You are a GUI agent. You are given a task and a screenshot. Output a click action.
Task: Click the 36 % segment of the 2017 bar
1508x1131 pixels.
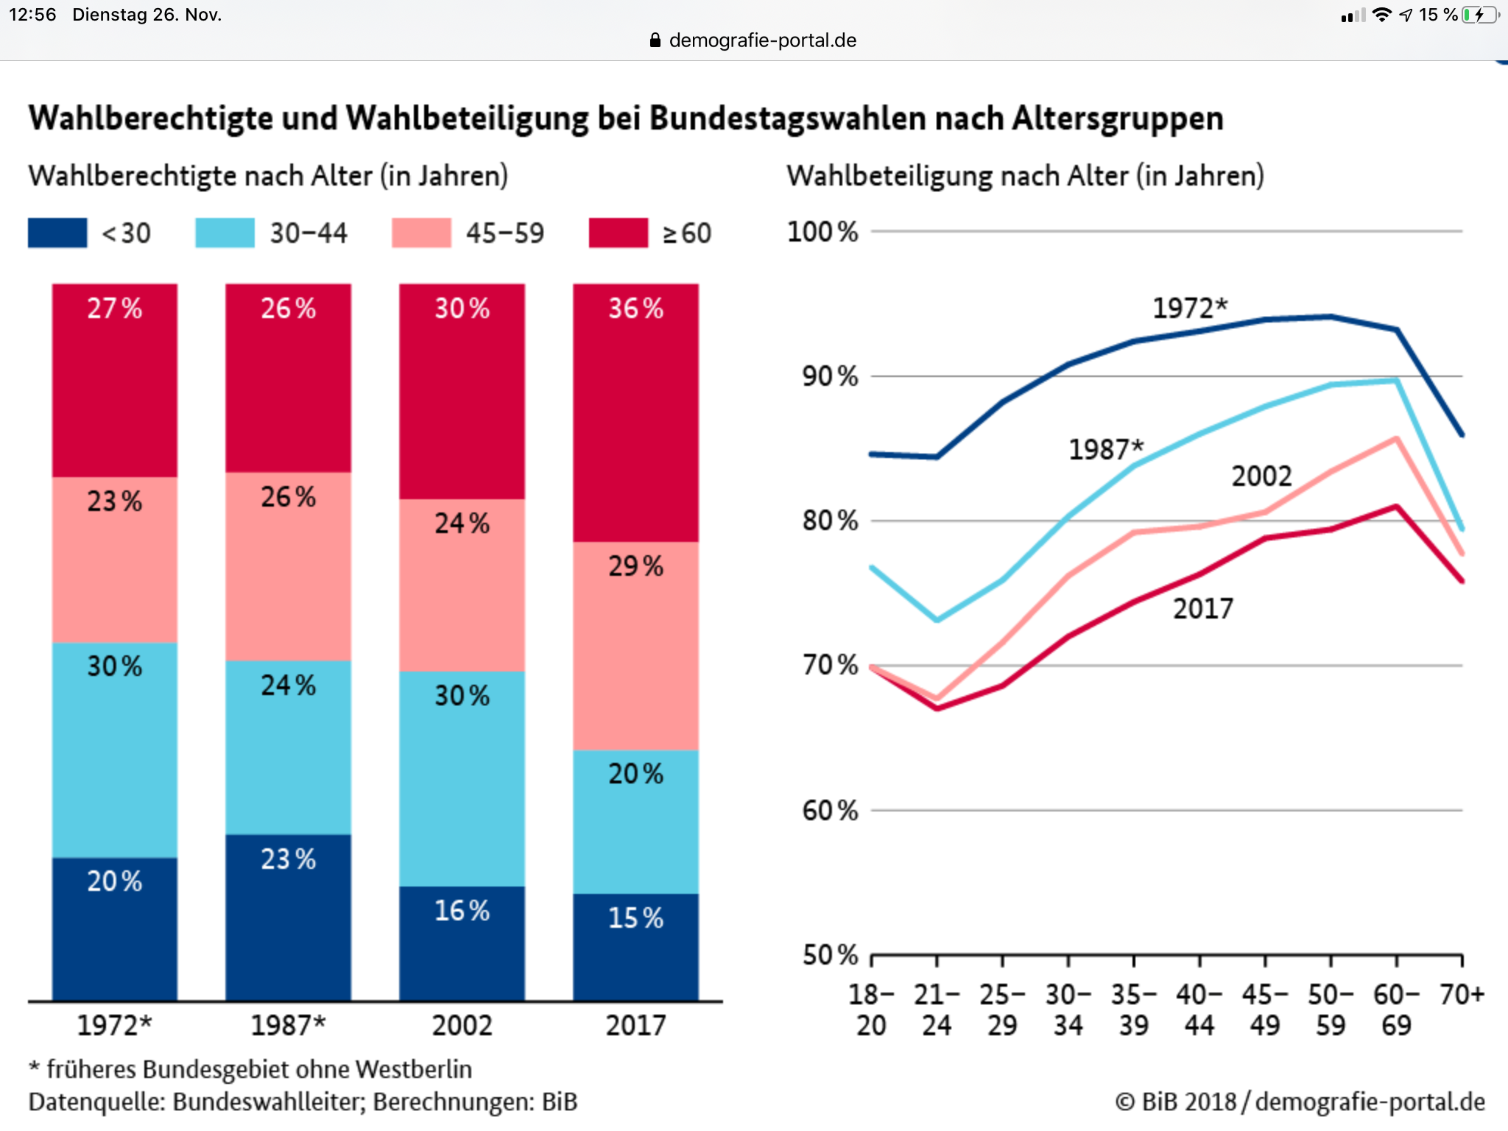coord(635,412)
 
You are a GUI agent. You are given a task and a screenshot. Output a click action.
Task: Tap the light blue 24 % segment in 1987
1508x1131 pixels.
coord(288,747)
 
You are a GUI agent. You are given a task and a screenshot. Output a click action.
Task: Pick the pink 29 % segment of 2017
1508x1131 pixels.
coord(635,646)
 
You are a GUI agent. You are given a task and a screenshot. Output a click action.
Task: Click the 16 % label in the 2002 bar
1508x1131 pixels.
coord(462,911)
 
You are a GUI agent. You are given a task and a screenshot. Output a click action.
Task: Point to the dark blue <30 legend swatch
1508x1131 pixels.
coord(57,233)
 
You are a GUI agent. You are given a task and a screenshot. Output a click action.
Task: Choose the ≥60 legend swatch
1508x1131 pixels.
coord(619,233)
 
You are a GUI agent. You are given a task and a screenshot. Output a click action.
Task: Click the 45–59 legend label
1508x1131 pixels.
coord(504,233)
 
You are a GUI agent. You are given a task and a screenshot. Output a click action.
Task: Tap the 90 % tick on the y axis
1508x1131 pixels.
coord(830,376)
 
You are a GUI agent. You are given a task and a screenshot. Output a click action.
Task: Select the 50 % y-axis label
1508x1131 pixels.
coord(830,955)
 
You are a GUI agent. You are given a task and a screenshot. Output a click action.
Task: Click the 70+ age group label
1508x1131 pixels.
coord(1462,995)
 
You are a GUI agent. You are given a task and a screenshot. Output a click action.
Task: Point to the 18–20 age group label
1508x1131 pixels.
coord(871,1010)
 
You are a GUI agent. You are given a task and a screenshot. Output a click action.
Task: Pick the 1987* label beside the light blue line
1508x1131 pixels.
coord(1106,449)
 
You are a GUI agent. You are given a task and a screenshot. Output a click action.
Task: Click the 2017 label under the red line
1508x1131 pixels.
coord(1202,609)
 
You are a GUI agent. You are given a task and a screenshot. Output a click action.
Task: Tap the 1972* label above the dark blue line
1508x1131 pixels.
coord(1190,308)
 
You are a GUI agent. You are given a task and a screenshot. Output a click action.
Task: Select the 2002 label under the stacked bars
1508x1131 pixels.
coord(462,1025)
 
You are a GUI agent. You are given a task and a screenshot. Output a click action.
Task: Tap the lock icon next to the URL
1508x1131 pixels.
coord(655,40)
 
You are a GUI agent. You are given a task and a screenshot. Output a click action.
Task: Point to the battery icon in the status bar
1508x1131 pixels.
coord(1479,15)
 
